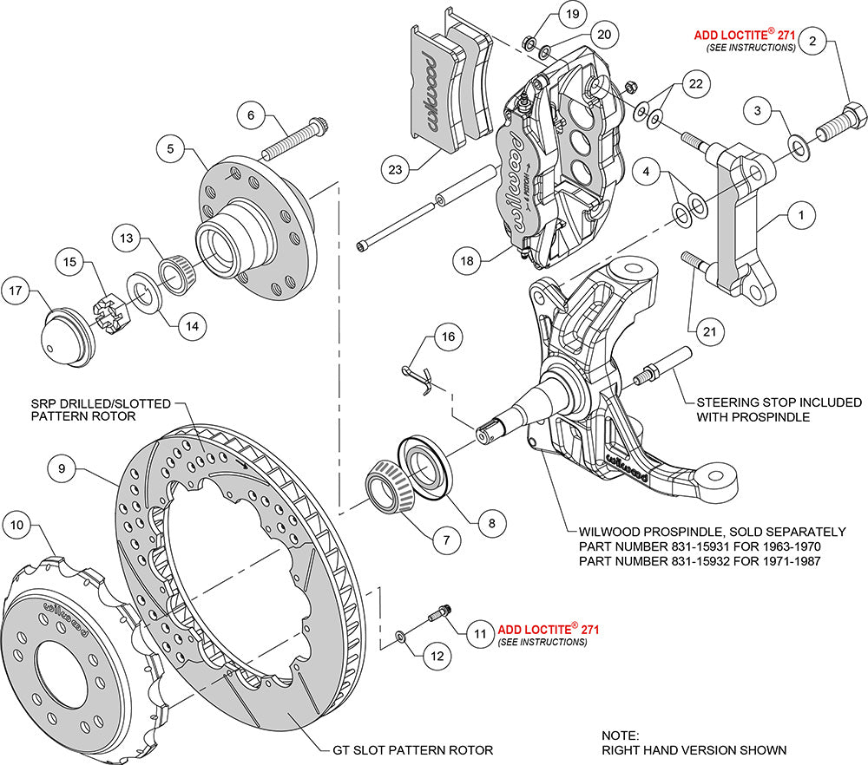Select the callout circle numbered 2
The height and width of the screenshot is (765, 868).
click(812, 40)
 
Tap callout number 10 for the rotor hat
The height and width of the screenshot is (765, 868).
click(17, 524)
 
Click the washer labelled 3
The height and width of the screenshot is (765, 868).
click(796, 141)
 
